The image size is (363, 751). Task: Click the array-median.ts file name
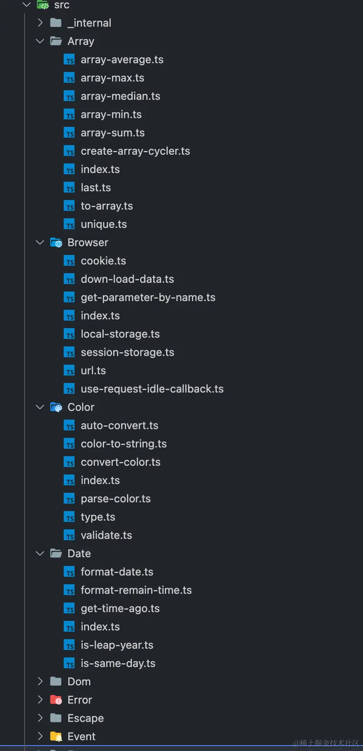pyautogui.click(x=120, y=96)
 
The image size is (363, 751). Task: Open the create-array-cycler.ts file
pyautogui.click(x=135, y=151)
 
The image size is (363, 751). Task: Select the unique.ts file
pyautogui.click(x=104, y=225)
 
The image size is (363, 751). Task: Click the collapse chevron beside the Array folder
pyautogui.click(x=40, y=41)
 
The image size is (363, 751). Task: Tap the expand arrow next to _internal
pyautogui.click(x=40, y=23)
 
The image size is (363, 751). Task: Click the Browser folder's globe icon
pyautogui.click(x=56, y=243)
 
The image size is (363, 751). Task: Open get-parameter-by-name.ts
pyautogui.click(x=148, y=298)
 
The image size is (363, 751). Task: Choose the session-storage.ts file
pyautogui.click(x=127, y=353)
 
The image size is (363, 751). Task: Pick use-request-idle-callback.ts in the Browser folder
pyautogui.click(x=152, y=389)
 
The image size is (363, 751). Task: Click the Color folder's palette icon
pyautogui.click(x=56, y=408)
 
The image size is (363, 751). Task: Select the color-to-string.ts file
pyautogui.click(x=123, y=444)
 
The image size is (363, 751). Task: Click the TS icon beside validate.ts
pyautogui.click(x=69, y=536)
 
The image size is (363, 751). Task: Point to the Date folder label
pyautogui.click(x=79, y=554)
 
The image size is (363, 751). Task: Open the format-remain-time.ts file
pyautogui.click(x=136, y=590)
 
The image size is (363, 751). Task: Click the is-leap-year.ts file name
pyautogui.click(x=117, y=645)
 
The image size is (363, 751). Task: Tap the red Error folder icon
pyautogui.click(x=56, y=700)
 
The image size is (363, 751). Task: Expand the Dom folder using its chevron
pyautogui.click(x=40, y=682)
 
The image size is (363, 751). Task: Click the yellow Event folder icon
pyautogui.click(x=56, y=737)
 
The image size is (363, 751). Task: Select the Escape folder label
pyautogui.click(x=85, y=719)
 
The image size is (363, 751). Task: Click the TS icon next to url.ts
pyautogui.click(x=69, y=371)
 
